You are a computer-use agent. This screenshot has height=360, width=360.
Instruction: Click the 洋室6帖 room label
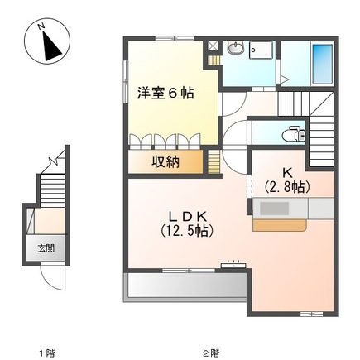pos(166,94)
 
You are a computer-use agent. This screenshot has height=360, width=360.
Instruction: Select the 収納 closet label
pos(166,161)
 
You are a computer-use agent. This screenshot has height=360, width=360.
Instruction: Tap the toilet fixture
pos(290,132)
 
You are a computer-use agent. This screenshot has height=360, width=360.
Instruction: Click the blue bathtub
pos(321,60)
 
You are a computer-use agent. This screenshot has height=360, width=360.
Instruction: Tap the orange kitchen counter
pos(279,224)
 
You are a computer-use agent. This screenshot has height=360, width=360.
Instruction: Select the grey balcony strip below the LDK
pos(185,286)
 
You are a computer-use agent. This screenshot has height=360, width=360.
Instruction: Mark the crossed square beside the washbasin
pos(214,47)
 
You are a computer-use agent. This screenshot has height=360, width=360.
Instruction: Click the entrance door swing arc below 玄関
pos(53,277)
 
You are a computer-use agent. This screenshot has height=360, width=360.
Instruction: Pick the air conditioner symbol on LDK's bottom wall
pos(233,266)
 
